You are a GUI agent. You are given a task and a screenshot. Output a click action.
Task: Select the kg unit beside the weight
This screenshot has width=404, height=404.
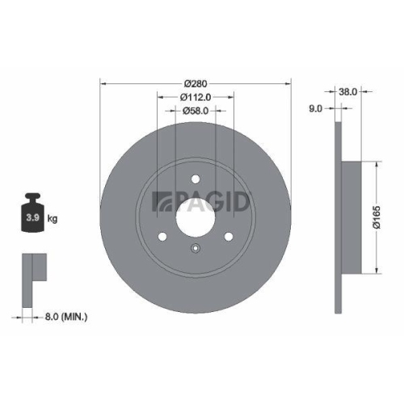[53, 219]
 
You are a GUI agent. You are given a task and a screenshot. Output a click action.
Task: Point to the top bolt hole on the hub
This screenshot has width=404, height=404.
[195, 180]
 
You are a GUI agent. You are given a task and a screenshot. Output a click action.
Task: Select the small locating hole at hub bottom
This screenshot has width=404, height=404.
[195, 249]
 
